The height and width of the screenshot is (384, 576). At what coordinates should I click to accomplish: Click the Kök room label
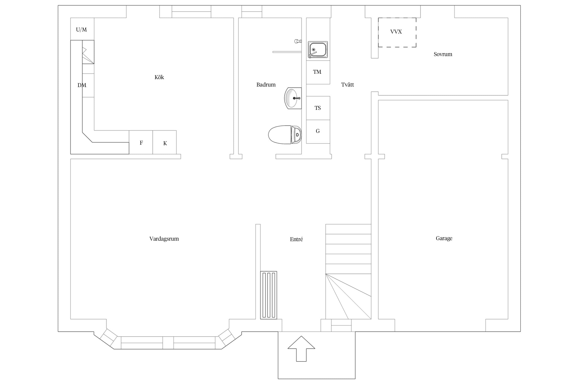(x=159, y=77)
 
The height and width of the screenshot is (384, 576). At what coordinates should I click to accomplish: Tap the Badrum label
(x=266, y=84)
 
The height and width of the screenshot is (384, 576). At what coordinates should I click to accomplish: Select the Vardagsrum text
(x=164, y=239)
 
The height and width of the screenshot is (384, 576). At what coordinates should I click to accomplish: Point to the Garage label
(x=444, y=238)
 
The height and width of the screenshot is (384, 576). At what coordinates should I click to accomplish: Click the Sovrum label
(x=443, y=54)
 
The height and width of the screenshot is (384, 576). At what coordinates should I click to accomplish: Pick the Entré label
(x=296, y=239)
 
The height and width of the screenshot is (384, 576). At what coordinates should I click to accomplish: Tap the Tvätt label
(x=347, y=84)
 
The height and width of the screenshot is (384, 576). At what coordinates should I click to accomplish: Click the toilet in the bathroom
(x=285, y=135)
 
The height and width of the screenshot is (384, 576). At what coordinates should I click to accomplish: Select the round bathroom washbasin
(x=293, y=98)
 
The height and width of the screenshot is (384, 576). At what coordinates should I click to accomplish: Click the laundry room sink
(x=318, y=49)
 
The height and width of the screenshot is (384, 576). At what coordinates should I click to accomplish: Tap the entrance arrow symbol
(x=301, y=349)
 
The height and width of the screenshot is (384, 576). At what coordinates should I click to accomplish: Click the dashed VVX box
(x=397, y=32)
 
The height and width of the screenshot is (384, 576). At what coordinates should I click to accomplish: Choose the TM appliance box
(x=318, y=72)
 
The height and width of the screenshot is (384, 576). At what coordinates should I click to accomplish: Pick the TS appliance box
(x=318, y=108)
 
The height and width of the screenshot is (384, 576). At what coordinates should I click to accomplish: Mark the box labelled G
(x=318, y=132)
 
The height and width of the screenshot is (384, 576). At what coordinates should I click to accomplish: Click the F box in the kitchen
(x=141, y=142)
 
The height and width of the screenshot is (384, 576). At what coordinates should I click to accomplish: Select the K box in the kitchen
(x=165, y=142)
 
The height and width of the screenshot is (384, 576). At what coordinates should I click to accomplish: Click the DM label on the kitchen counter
(x=82, y=85)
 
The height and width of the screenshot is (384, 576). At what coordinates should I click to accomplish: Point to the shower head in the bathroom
(x=298, y=41)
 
